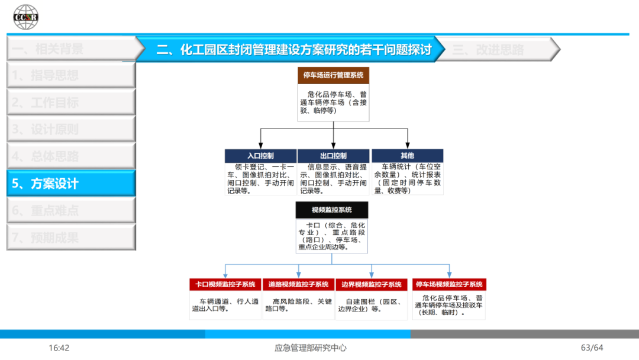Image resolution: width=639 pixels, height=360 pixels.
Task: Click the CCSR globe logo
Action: (26, 17)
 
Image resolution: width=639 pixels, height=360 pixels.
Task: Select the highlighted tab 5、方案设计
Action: (71, 184)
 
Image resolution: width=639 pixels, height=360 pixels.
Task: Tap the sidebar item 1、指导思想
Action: (71, 75)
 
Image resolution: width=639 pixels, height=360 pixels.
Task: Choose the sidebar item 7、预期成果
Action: (71, 237)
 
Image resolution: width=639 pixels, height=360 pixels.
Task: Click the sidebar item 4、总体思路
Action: (71, 156)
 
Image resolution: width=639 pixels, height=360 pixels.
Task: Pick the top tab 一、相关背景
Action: (71, 49)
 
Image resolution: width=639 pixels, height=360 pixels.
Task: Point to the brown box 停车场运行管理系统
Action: (333, 75)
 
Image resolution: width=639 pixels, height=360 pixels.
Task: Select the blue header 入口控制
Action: (260, 156)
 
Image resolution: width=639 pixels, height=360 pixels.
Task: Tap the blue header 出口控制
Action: (333, 156)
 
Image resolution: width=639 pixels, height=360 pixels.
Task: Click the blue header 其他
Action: (407, 156)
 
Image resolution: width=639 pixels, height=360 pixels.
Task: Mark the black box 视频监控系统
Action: (331, 210)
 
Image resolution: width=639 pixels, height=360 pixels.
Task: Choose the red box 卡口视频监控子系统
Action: (225, 284)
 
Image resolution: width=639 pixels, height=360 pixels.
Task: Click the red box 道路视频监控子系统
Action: (298, 284)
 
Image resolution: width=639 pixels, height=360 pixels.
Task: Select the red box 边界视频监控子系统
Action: (372, 284)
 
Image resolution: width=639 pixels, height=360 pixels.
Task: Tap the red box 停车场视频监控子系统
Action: (448, 284)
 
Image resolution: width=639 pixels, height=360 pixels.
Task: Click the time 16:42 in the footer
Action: (59, 348)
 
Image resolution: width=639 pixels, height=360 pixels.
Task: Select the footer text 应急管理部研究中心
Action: (311, 348)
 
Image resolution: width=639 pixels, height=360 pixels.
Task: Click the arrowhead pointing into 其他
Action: (407, 145)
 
